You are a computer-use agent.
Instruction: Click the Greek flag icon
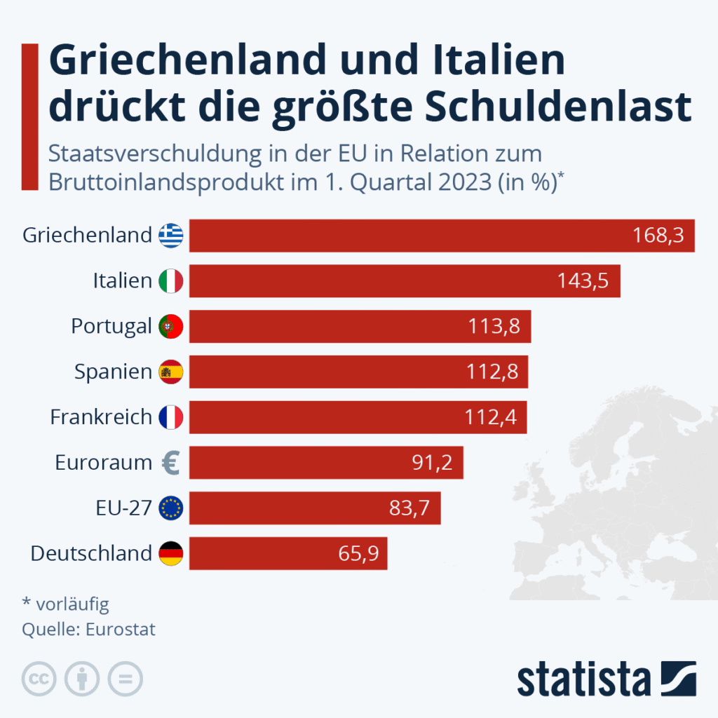tap(170, 236)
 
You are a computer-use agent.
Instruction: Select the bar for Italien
tap(405, 281)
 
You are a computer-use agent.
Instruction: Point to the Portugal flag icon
tap(170, 326)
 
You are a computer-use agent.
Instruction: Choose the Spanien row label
tap(113, 372)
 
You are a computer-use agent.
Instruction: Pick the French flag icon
tap(170, 417)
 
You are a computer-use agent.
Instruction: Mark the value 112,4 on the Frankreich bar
tap(490, 417)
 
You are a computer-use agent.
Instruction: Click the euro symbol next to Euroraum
tap(170, 463)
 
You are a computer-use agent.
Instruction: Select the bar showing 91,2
tap(326, 463)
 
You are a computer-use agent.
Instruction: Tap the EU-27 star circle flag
tap(170, 508)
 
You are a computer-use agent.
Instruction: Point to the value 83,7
tap(414, 508)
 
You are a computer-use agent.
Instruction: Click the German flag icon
tap(170, 553)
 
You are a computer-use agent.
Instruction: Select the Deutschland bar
tap(287, 553)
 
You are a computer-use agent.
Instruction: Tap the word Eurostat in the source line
tap(120, 629)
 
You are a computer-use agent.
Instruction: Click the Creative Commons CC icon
tap(39, 679)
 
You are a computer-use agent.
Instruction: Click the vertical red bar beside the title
tap(29, 116)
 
